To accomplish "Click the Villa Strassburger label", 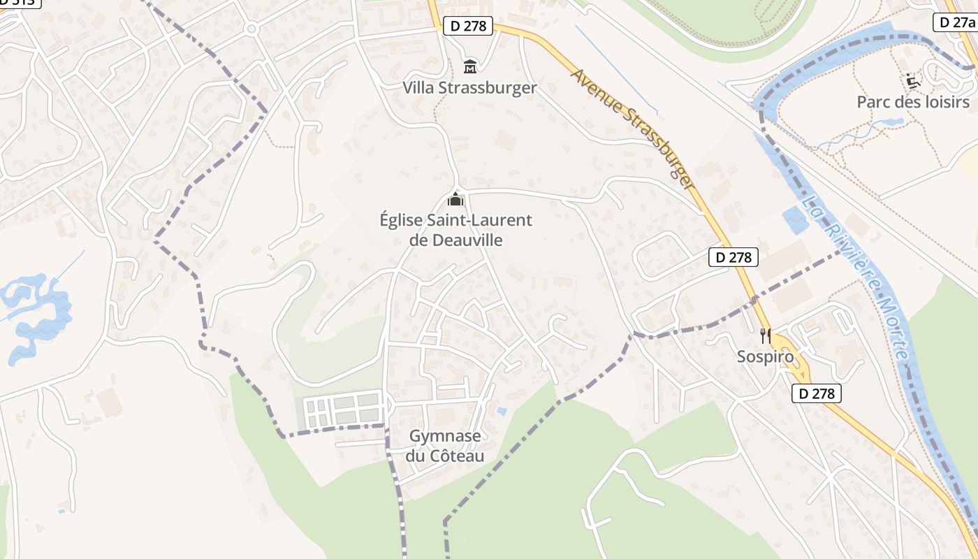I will [469, 88].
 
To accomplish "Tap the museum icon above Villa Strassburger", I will [470, 67].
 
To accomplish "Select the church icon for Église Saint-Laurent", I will [455, 200].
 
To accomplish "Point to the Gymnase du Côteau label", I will [445, 447].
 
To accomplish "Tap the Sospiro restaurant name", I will [766, 357].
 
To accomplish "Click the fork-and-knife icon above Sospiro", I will [766, 336].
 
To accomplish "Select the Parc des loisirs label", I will [913, 102].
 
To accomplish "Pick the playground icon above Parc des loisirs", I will [913, 81].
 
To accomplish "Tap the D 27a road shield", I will [954, 22].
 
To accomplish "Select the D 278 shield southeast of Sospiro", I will [817, 393].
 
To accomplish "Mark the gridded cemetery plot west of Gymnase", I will [342, 409].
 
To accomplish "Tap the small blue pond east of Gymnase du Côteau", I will [502, 412].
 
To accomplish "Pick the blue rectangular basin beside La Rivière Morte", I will [795, 221].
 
